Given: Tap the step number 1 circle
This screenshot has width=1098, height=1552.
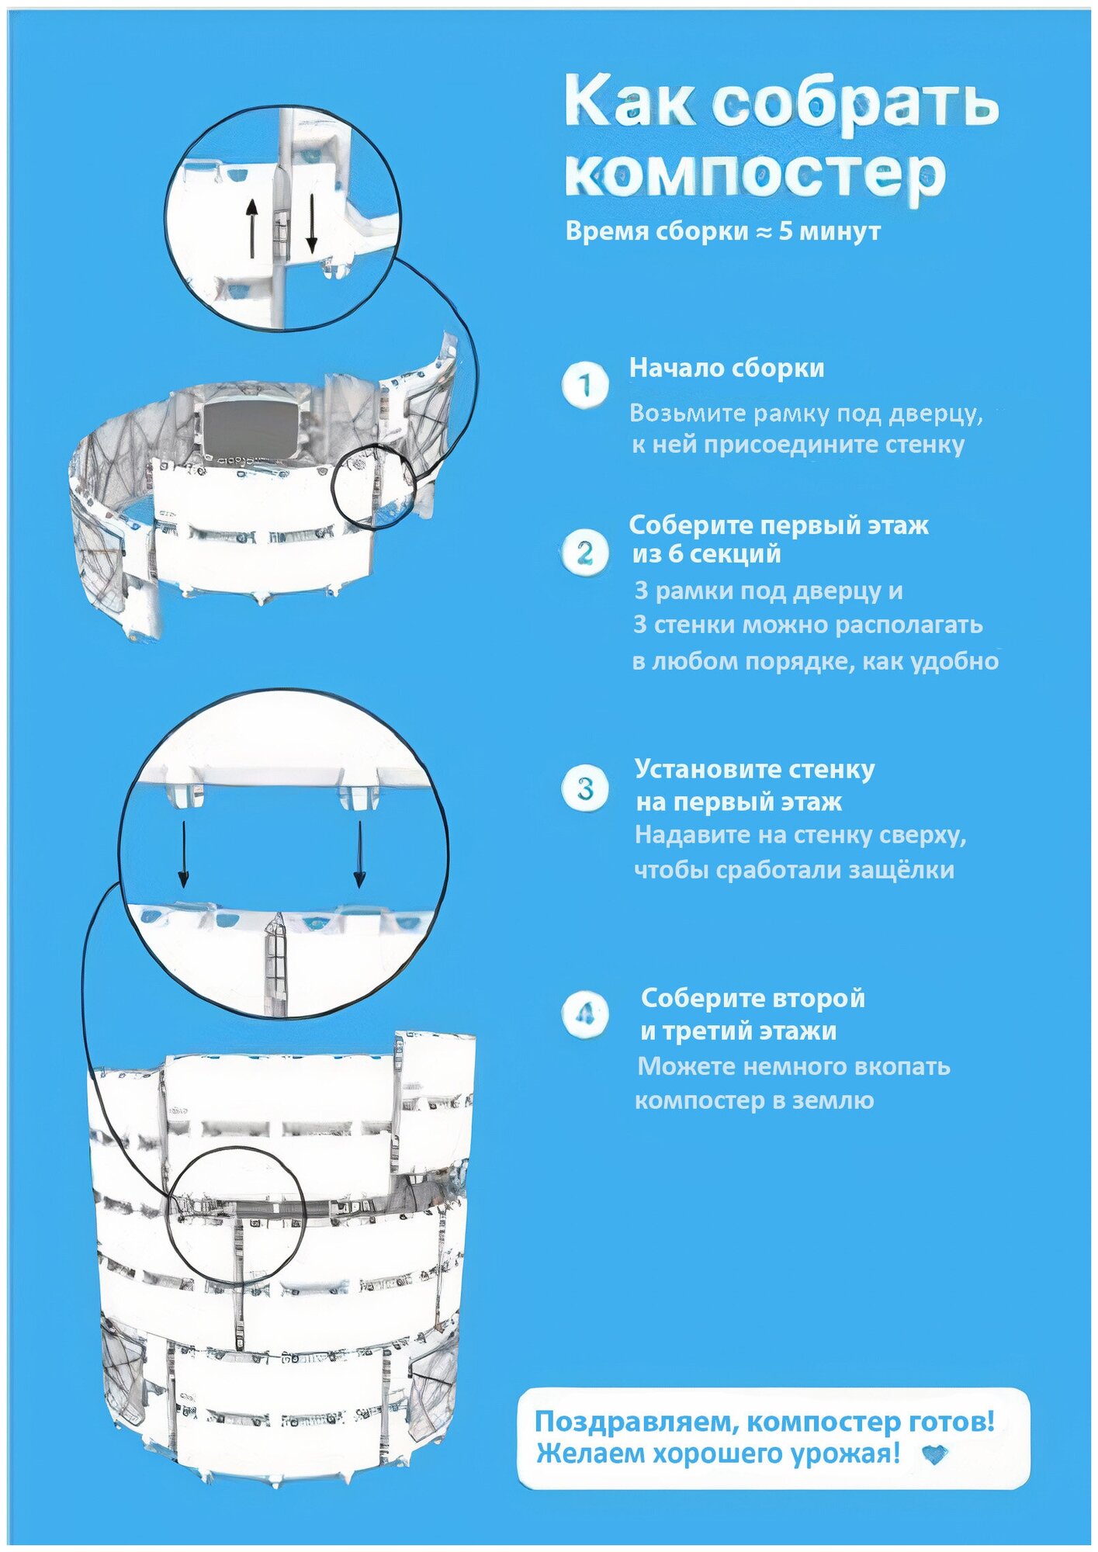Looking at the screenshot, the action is (585, 384).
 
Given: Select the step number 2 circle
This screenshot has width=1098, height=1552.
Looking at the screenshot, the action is (584, 553).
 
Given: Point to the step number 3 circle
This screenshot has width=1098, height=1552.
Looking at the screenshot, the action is (585, 789).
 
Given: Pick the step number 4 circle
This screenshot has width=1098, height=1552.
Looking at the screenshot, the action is (585, 1013).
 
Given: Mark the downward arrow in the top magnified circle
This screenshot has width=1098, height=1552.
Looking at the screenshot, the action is (312, 223).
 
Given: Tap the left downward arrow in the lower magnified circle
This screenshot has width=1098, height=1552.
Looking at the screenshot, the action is (183, 854).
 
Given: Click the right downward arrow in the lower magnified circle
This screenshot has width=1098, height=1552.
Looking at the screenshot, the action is (359, 854).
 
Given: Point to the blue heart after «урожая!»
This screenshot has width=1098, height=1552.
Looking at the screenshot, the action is (937, 1454).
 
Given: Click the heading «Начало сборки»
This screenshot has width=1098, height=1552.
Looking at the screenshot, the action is (726, 368).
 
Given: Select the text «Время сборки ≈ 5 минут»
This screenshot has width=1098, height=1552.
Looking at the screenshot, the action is (722, 231).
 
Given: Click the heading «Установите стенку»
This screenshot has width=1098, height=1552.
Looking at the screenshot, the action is (754, 769).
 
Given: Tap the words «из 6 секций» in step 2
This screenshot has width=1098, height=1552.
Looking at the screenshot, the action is (706, 554).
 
